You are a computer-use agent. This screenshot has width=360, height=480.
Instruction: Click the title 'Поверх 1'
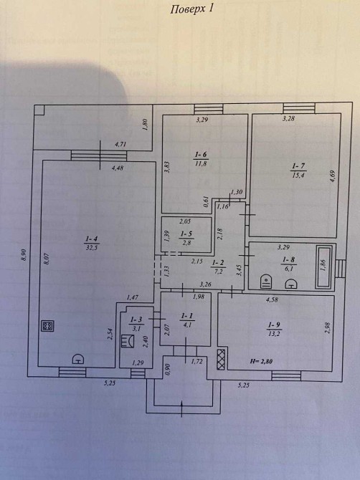click(x=191, y=9)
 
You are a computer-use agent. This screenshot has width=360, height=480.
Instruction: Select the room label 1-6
click(x=202, y=155)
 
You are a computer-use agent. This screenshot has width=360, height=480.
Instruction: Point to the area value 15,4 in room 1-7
click(x=298, y=175)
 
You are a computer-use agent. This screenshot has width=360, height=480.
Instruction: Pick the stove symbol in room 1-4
click(x=47, y=325)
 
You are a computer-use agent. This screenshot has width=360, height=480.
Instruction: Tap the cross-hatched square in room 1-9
click(x=221, y=359)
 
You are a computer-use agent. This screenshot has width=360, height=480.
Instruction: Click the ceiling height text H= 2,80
click(x=261, y=361)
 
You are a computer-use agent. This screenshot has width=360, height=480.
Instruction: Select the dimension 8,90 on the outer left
click(x=24, y=255)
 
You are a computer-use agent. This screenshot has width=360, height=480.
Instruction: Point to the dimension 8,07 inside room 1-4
click(x=47, y=259)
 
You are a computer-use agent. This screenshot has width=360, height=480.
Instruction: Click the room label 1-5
click(x=186, y=234)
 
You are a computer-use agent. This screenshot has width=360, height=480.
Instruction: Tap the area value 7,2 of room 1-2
click(x=218, y=272)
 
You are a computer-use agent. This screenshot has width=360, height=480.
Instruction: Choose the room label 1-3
click(x=136, y=320)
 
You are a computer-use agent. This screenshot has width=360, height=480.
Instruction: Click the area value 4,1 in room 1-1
click(x=187, y=325)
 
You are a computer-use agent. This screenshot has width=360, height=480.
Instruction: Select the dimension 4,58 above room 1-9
click(x=272, y=299)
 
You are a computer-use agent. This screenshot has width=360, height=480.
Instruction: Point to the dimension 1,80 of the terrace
click(x=146, y=125)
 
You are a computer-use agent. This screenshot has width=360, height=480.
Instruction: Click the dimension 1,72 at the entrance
click(x=197, y=362)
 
